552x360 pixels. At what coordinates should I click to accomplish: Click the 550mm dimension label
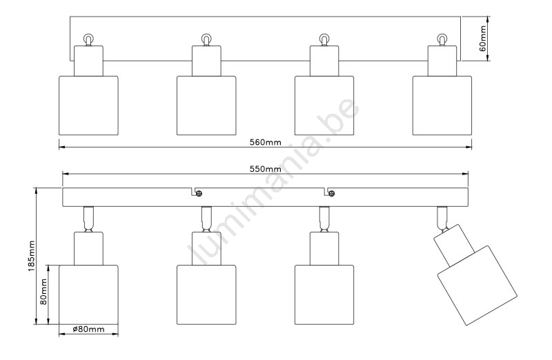click(265, 169)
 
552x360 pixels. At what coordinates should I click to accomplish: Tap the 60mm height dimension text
click(484, 39)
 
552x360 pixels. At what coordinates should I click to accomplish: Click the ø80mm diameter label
click(88, 330)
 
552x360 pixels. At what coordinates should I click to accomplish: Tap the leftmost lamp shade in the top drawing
click(88, 104)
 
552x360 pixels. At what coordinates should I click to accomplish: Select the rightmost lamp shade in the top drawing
click(442, 104)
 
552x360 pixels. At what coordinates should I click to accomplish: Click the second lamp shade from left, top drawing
click(206, 104)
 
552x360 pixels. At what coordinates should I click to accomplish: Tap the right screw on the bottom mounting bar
click(332, 193)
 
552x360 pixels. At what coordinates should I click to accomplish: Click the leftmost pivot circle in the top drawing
click(88, 39)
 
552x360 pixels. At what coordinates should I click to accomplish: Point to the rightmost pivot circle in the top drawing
click(442, 39)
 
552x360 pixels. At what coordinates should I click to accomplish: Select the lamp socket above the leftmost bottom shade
click(88, 248)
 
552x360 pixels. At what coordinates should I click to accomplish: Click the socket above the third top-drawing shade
click(324, 60)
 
